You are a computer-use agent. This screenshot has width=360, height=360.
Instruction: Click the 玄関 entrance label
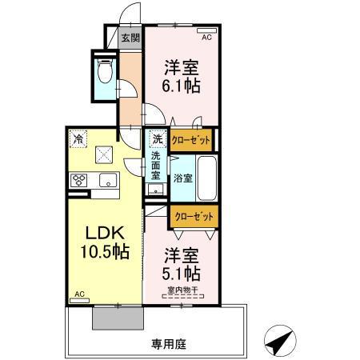click(130, 38)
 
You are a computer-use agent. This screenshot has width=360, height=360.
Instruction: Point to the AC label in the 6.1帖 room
click(206, 37)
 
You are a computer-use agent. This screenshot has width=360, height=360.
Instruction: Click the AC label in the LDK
click(79, 294)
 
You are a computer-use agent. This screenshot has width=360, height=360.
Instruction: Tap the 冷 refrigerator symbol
click(78, 138)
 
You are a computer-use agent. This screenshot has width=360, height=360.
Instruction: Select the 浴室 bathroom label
click(182, 178)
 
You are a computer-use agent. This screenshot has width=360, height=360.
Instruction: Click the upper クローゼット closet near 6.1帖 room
click(191, 140)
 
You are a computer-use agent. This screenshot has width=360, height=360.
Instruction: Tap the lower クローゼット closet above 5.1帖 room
click(193, 215)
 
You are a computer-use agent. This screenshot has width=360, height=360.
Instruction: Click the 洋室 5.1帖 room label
click(182, 265)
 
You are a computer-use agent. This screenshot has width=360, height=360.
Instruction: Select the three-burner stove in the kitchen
click(81, 181)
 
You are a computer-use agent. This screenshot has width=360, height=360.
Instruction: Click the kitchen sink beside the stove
click(107, 181)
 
